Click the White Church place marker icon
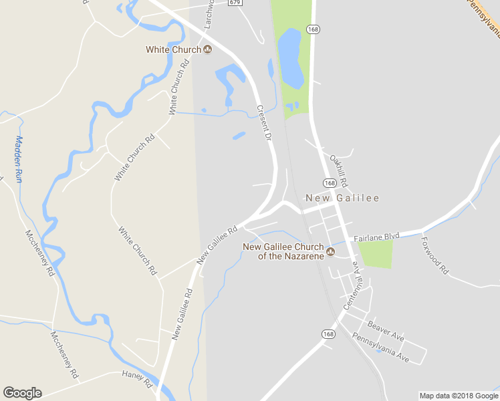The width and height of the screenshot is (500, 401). (207, 49)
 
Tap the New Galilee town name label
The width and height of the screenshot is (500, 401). (342, 198)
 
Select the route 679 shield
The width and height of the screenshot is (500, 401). (234, 3)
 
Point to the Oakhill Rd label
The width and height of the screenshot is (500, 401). (339, 171)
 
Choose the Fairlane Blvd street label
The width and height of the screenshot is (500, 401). (376, 237)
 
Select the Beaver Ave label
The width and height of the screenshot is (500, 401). (386, 329)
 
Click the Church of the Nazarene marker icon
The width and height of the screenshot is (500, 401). (330, 252)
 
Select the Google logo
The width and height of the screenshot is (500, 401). (22, 393)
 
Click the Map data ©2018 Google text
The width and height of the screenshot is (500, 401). (459, 396)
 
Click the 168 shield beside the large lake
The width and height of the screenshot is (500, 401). (312, 29)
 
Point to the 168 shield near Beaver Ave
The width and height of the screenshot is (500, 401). (328, 334)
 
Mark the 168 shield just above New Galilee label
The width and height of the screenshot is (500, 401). (330, 182)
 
